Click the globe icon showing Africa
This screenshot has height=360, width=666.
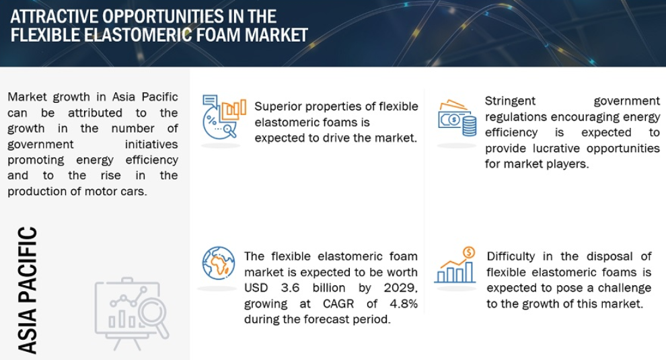(x=219, y=263)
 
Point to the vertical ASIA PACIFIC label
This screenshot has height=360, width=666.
(x=28, y=290)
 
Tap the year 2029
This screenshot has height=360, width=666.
(x=400, y=288)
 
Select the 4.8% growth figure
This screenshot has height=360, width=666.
(x=404, y=303)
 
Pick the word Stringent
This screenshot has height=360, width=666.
(x=510, y=101)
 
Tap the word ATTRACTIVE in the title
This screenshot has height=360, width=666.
(x=54, y=17)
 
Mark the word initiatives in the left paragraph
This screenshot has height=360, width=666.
(x=151, y=145)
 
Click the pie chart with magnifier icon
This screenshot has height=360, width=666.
(x=224, y=116)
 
